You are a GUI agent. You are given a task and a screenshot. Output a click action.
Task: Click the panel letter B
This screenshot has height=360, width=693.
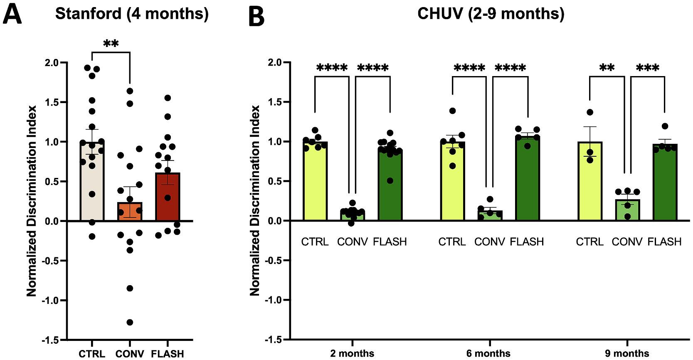[x=256, y=18]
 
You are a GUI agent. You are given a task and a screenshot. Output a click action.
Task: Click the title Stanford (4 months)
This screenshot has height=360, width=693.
[x=131, y=14]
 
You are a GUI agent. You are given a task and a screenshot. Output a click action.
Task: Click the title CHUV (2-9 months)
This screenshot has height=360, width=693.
[x=491, y=14]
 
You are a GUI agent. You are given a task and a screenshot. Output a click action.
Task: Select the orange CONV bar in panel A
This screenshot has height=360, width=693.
[x=130, y=211]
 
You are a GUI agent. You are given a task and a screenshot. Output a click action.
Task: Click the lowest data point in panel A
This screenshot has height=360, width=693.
[x=130, y=322]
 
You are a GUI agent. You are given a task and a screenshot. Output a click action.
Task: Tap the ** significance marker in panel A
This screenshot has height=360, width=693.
[x=111, y=44]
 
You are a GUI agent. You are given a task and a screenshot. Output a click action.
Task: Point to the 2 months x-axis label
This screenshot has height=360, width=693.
[x=352, y=354]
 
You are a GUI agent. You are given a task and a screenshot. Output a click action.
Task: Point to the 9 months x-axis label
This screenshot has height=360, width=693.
[x=627, y=354]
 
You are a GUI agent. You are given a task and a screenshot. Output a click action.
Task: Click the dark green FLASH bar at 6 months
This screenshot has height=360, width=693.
[x=527, y=179]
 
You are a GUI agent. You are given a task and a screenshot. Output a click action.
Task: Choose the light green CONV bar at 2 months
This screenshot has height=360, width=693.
[x=353, y=216]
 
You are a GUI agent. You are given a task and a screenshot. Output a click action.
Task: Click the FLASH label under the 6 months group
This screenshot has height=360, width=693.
[x=527, y=242]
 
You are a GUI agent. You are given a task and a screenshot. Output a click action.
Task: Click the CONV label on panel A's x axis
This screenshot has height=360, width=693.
[x=130, y=354]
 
